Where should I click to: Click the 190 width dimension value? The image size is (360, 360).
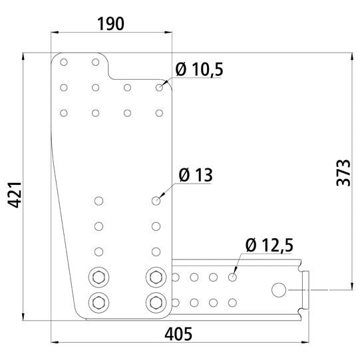pos(110,25)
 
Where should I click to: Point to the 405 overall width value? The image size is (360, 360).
pos(179,332)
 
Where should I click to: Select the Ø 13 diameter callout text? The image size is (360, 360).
pos(196,176)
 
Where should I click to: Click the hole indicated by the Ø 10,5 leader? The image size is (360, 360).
pos(159,87)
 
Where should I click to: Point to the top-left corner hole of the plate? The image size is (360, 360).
pos(64,63)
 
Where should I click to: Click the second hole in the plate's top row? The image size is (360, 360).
pos(96,63)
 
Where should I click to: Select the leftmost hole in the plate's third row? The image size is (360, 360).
pos(64,112)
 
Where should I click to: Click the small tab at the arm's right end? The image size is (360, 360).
pos(307,289)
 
